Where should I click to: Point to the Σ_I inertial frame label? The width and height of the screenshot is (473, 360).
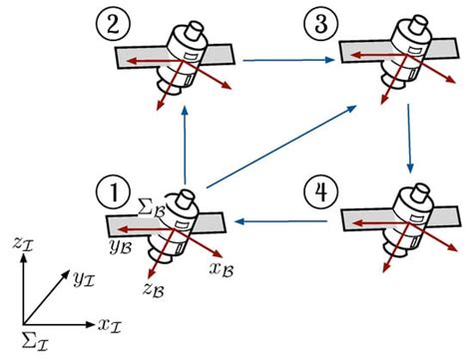click(32, 344)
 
